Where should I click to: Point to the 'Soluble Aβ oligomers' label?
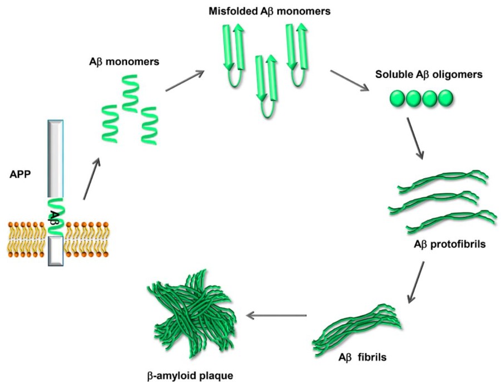[421, 74]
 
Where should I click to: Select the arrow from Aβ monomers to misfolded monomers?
[184, 80]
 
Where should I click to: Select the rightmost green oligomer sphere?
[445, 99]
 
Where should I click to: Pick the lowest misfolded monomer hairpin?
[264, 86]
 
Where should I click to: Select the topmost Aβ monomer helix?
[130, 92]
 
